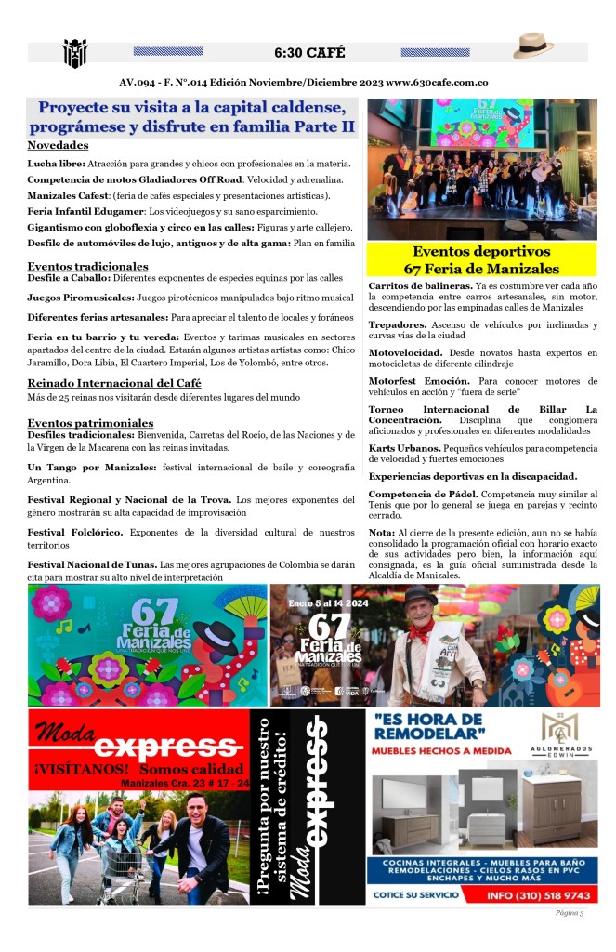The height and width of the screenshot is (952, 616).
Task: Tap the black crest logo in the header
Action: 75,53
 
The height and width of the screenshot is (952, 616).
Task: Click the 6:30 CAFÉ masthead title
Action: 308,52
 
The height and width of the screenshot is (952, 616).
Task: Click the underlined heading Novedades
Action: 58,145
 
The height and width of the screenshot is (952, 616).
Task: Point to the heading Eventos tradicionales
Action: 89,266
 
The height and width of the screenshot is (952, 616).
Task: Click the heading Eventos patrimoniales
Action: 90,423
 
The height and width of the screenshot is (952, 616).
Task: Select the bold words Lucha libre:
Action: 57,164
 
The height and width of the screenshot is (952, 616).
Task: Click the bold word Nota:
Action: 381,532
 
